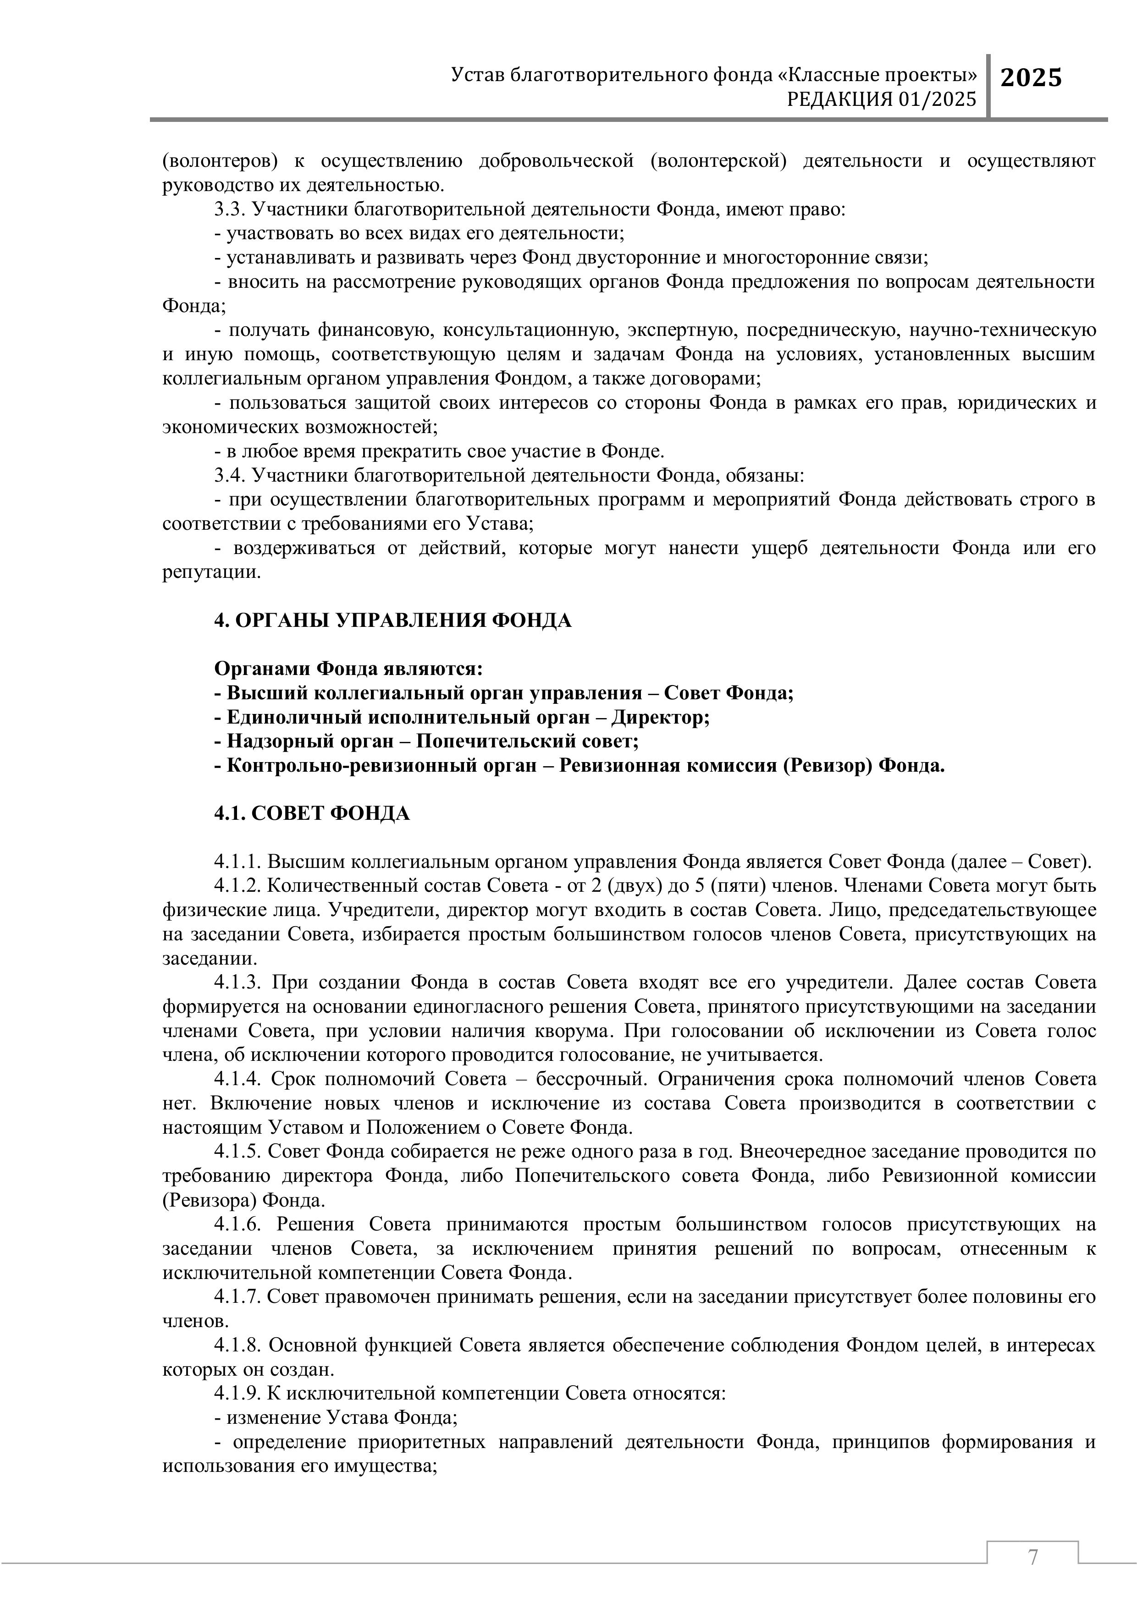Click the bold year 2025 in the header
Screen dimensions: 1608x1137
(1031, 78)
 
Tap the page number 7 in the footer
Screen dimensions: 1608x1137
(1032, 1558)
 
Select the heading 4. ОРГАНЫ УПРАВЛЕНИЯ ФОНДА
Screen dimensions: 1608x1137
(392, 620)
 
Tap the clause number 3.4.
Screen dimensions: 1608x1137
(229, 476)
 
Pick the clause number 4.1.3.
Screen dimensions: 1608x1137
(239, 982)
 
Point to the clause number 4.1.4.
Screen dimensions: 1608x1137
(239, 1079)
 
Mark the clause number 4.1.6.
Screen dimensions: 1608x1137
(239, 1224)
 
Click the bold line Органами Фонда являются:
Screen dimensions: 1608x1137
(348, 669)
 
